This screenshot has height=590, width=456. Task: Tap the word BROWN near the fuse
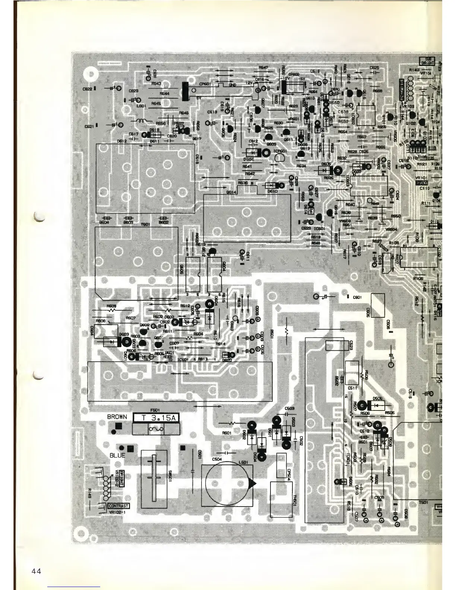coord(117,417)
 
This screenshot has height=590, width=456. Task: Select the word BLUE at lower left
coord(117,455)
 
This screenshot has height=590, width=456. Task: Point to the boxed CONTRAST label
coord(118,506)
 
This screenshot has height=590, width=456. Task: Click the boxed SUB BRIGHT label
coord(428,61)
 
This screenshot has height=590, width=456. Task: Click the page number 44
coord(36,571)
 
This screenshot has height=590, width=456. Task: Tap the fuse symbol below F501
coord(155,429)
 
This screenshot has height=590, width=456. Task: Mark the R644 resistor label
coord(164,93)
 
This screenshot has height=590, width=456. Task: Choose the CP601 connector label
coord(206,84)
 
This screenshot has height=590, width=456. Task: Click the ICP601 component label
coord(279,151)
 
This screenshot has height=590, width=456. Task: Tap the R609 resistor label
coord(111,306)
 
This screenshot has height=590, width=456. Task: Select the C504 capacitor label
coord(217,460)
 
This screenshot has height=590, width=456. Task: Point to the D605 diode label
coord(326,164)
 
